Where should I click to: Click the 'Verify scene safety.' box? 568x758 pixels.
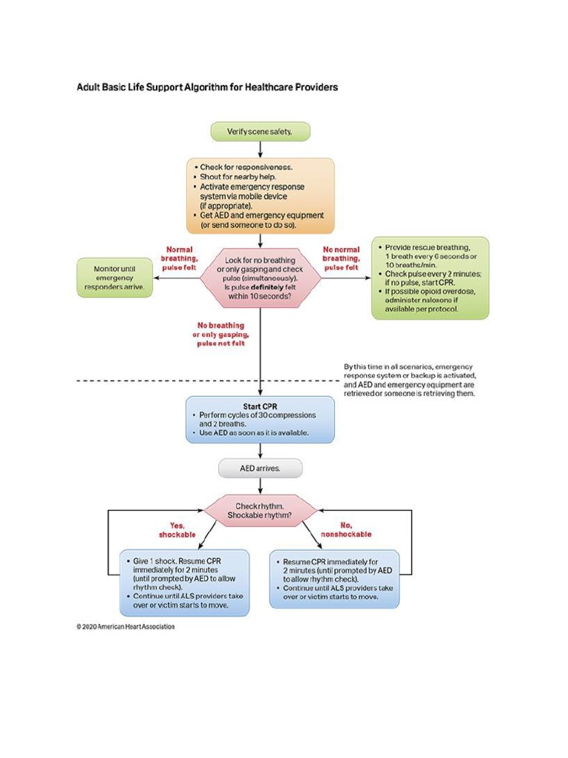[260, 132]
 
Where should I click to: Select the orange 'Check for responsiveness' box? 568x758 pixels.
[260, 195]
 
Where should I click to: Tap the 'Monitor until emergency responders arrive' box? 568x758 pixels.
[115, 278]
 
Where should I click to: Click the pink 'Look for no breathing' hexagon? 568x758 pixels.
[260, 278]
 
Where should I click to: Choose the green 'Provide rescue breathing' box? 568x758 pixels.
[430, 278]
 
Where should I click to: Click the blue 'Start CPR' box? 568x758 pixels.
[260, 419]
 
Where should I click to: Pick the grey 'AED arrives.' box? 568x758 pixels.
[260, 468]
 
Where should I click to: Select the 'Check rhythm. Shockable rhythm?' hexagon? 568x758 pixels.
[260, 510]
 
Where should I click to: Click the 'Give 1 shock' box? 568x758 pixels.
[184, 583]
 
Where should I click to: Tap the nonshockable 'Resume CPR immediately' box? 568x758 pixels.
[334, 578]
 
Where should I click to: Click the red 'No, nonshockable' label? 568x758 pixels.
[345, 529]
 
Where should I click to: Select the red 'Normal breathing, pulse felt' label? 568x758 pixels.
[179, 258]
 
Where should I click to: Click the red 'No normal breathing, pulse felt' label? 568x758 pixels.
[341, 258]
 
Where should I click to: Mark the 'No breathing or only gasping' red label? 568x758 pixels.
[220, 335]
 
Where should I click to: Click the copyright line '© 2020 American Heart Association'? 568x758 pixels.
[126, 626]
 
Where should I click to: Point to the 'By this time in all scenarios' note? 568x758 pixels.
[409, 380]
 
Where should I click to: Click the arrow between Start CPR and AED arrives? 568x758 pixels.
[260, 451]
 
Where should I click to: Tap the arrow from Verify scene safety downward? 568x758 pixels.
[260, 149]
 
